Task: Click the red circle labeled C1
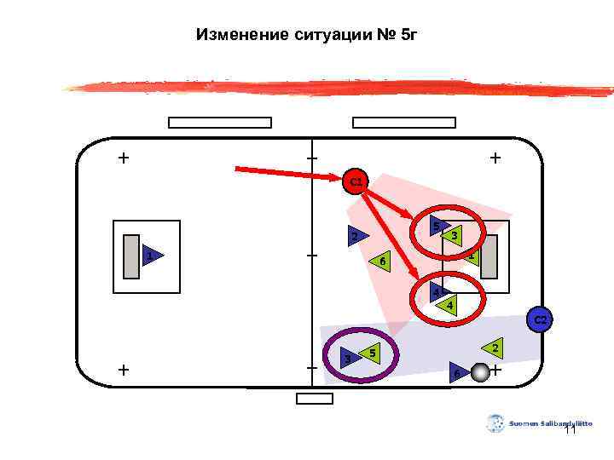click(x=356, y=181)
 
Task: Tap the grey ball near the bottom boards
click(x=480, y=372)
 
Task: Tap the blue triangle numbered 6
click(x=457, y=373)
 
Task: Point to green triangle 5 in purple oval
click(x=370, y=352)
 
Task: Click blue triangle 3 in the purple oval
click(x=348, y=359)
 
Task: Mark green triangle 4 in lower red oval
click(x=449, y=305)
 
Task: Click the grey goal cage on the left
click(x=130, y=256)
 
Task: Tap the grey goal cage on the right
click(x=489, y=256)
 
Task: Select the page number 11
click(x=571, y=430)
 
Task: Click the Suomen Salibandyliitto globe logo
click(x=496, y=423)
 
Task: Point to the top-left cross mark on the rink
click(x=125, y=158)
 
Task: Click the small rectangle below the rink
click(x=314, y=399)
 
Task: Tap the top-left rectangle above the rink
click(x=220, y=123)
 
